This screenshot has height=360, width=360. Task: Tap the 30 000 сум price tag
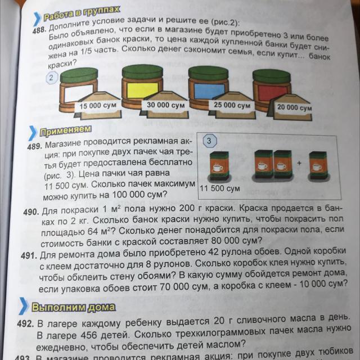(165, 105)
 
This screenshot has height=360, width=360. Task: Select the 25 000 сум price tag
(232, 105)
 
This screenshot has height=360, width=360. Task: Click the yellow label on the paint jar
(142, 90)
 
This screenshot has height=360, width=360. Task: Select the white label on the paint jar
(79, 93)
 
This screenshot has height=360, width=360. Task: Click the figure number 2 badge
(51, 78)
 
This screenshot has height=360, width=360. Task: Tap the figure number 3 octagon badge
(209, 141)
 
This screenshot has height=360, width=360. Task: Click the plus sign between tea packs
(299, 163)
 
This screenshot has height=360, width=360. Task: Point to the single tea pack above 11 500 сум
(219, 166)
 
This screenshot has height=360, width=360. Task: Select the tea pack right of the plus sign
(318, 165)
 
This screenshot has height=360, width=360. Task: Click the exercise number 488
(39, 30)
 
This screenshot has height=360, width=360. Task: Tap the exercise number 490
(31, 212)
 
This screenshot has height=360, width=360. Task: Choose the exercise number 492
(25, 324)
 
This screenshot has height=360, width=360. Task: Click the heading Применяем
(65, 130)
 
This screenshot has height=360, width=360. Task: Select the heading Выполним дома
(74, 307)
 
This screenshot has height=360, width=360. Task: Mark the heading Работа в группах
(82, 13)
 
